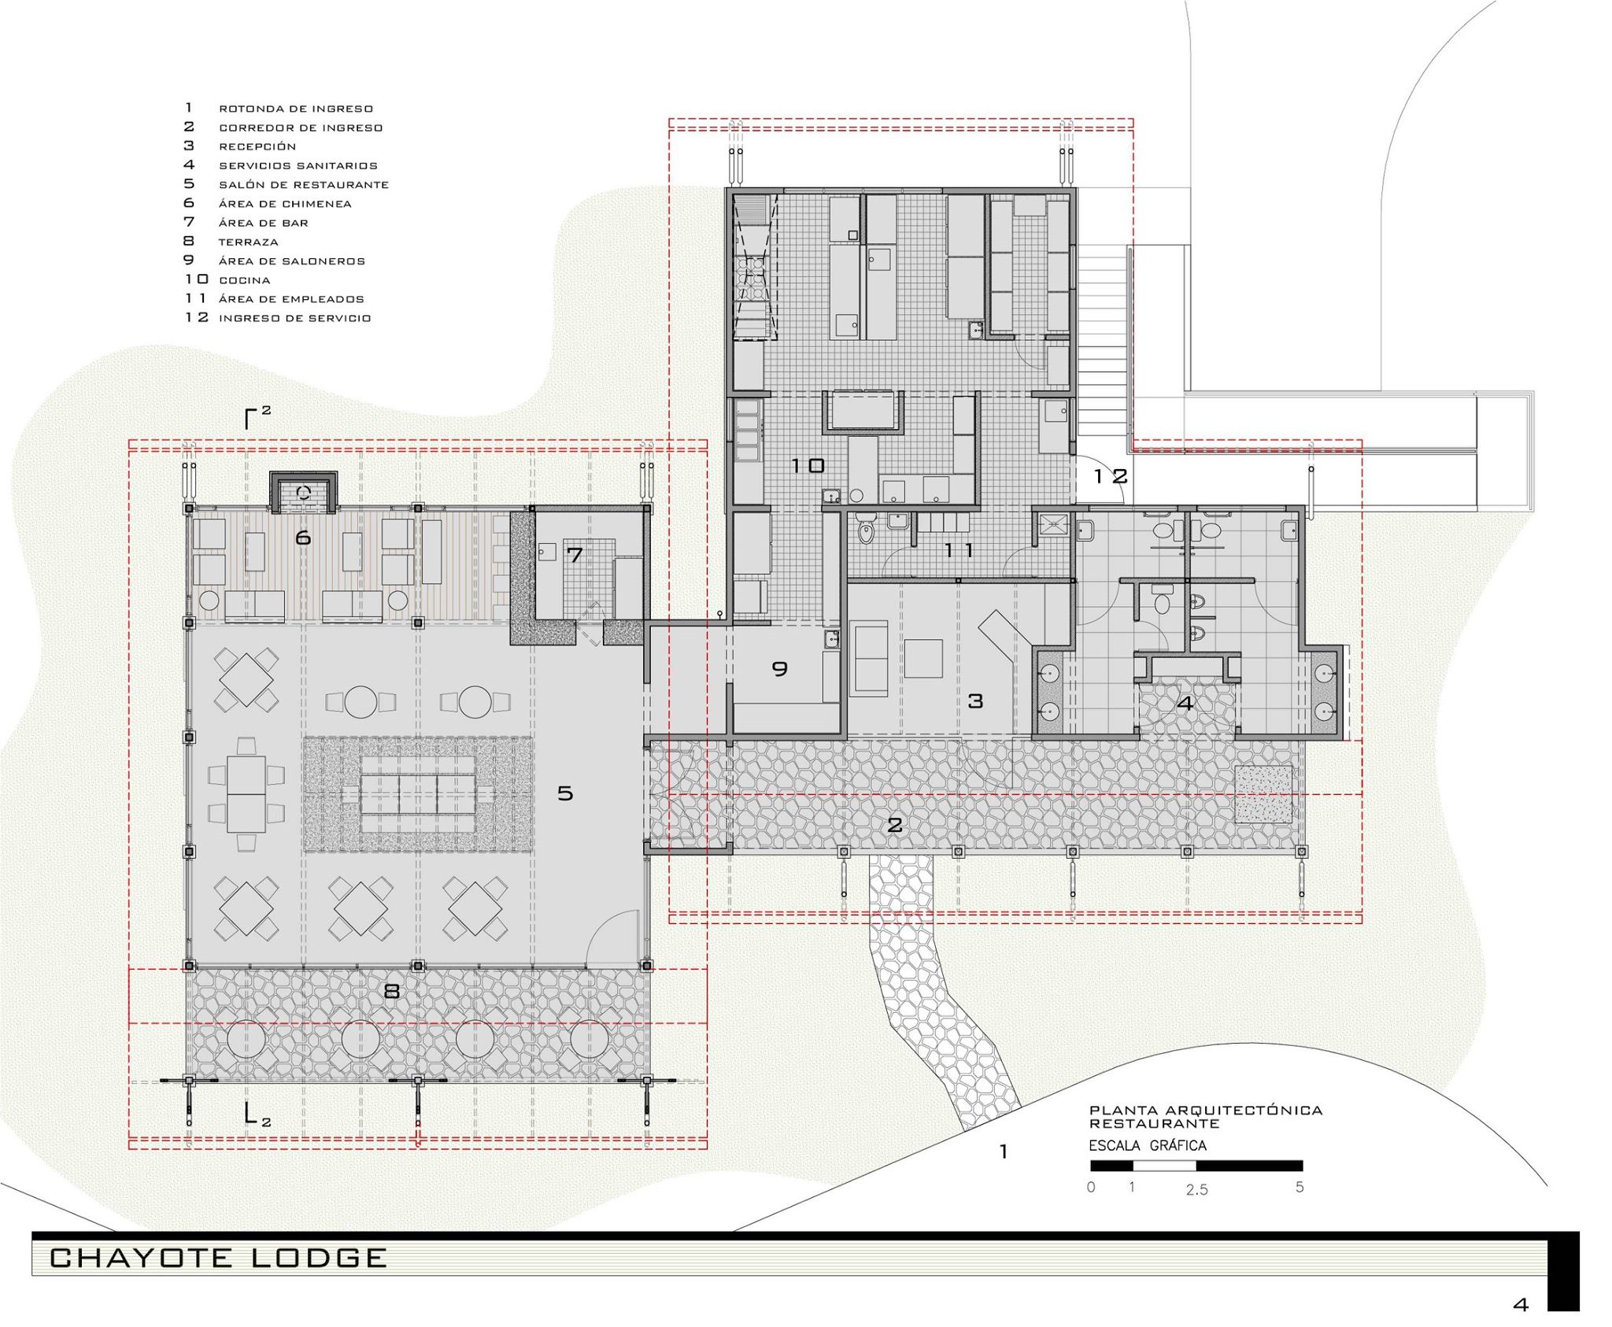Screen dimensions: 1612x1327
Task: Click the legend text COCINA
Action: tap(245, 280)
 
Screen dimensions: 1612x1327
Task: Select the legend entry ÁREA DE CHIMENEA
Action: tap(285, 204)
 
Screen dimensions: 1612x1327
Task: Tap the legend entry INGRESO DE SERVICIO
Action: tap(294, 318)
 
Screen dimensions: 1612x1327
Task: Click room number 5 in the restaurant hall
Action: tap(565, 793)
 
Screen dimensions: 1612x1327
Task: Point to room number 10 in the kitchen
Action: tap(808, 465)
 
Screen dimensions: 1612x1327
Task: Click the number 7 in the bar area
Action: tap(575, 555)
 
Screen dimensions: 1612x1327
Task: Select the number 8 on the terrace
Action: tap(391, 991)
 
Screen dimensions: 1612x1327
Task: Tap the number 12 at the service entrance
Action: tap(1111, 476)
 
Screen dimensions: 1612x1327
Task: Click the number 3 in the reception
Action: tap(975, 700)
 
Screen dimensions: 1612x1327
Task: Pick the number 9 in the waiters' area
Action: tap(779, 668)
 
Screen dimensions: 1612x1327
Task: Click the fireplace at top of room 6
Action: tap(303, 492)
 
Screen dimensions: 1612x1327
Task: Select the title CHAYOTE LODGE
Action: tap(218, 1257)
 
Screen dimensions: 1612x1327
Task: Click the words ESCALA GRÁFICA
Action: tap(1148, 1145)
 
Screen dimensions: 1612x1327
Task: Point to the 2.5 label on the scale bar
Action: tap(1196, 1190)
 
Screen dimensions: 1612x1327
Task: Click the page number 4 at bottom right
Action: tap(1520, 1305)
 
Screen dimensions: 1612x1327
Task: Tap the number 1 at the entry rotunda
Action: tap(1004, 1152)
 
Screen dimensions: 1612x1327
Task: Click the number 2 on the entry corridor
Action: tap(894, 825)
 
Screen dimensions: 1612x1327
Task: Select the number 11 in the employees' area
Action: tap(959, 550)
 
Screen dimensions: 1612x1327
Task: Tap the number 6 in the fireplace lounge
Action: tap(303, 538)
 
